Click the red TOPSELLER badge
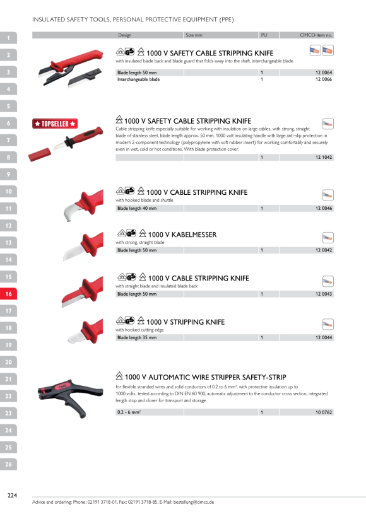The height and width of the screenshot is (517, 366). tap(55, 124)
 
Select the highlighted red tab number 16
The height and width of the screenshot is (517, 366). tap(8, 294)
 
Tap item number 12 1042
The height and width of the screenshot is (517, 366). tap(324, 157)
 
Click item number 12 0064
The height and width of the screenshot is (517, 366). tap(324, 73)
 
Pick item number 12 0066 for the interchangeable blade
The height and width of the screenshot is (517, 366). tap(324, 79)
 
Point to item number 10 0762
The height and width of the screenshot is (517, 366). tap(324, 412)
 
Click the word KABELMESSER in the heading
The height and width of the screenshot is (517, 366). tap(194, 235)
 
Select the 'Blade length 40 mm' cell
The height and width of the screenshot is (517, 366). tap(137, 209)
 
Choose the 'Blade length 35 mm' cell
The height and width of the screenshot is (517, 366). tap(137, 338)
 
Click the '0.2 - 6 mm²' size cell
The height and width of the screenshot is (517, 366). tap(129, 412)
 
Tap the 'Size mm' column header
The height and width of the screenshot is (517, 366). tap(194, 35)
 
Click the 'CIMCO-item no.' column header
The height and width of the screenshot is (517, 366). tap(316, 35)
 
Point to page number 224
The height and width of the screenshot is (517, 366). tap(12, 495)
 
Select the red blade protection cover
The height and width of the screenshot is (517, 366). tap(40, 154)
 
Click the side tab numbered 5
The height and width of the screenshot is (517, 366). tap(8, 106)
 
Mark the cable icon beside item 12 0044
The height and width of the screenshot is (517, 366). tap(328, 324)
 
